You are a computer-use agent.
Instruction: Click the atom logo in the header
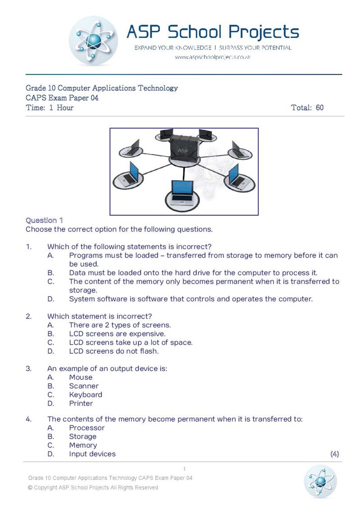(93, 41)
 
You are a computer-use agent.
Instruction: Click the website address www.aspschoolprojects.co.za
(212, 57)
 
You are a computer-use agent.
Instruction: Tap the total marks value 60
(319, 108)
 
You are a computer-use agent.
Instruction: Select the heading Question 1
(44, 220)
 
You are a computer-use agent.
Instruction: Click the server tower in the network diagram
(184, 146)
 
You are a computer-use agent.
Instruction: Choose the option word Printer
(81, 403)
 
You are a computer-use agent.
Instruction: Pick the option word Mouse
(81, 377)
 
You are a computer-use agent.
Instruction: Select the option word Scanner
(84, 386)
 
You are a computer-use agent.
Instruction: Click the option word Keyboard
(86, 395)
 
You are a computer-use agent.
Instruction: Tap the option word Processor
(87, 428)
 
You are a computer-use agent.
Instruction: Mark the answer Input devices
(92, 454)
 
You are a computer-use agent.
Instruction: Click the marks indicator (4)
(334, 454)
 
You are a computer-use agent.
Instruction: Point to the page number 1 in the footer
(184, 469)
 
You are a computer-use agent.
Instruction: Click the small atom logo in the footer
(320, 482)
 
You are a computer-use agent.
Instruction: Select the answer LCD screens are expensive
(117, 334)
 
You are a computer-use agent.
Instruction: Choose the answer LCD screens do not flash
(114, 351)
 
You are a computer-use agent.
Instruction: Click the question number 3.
(28, 368)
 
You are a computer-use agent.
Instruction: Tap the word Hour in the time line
(65, 108)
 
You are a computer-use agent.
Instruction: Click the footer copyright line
(93, 487)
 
